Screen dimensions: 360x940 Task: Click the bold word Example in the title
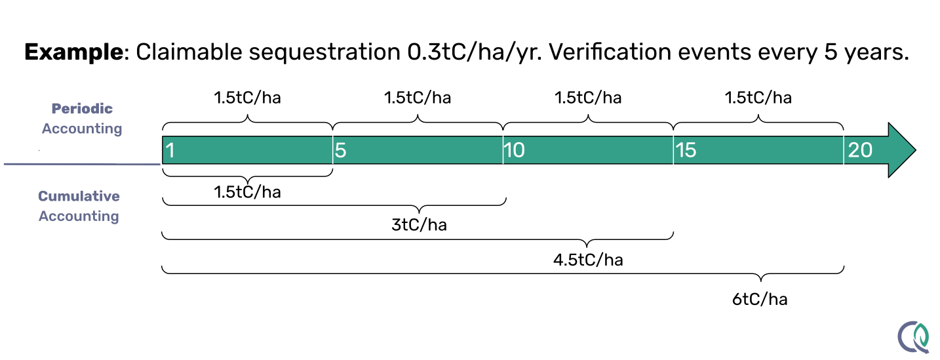73,52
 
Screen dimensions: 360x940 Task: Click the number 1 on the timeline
170,150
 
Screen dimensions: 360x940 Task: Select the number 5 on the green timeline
341,150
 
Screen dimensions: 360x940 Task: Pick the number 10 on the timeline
515,150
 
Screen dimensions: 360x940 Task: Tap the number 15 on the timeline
685,150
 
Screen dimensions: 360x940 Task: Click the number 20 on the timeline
860,150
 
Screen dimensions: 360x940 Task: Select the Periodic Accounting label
82,119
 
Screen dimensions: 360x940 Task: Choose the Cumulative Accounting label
79,206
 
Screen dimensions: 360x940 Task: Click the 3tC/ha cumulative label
419,225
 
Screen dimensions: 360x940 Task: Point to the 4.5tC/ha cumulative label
588,260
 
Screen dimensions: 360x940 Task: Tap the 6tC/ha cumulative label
760,300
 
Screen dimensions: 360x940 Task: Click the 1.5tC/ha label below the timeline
247,193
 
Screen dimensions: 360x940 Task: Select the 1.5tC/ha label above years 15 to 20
758,98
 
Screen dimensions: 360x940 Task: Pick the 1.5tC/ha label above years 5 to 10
418,98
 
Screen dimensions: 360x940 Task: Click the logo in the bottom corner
914,336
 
